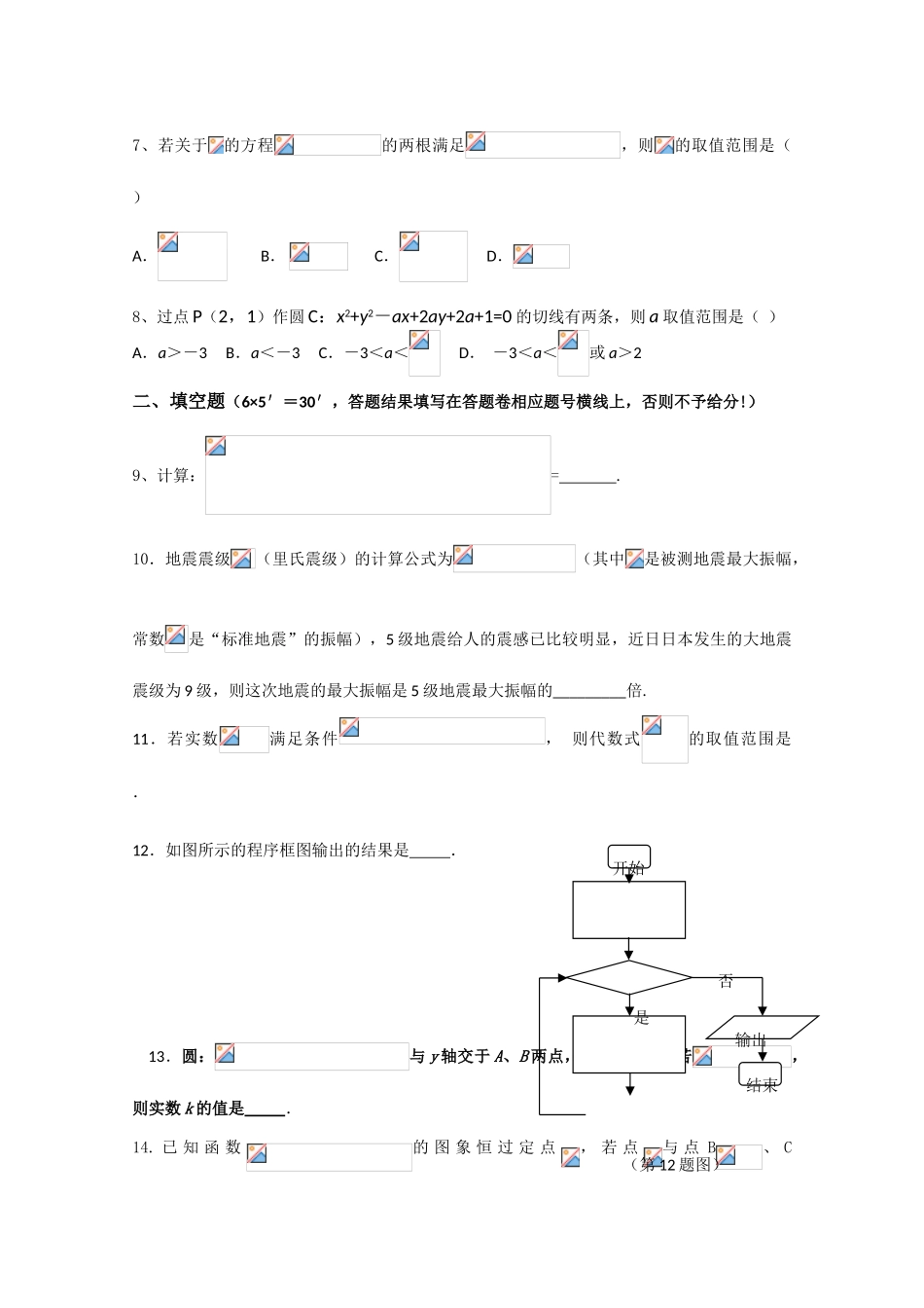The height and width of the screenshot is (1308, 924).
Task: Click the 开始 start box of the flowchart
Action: point(628,858)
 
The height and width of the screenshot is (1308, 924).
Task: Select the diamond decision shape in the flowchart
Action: point(628,977)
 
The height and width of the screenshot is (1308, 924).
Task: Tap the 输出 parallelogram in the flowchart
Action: point(760,1029)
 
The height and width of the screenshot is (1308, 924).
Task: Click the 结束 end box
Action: point(762,1079)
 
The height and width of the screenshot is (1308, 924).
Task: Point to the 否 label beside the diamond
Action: point(726,982)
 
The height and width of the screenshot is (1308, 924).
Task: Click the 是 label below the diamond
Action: point(641,1018)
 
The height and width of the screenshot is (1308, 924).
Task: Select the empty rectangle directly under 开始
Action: point(628,910)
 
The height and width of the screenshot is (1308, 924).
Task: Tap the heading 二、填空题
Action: point(179,402)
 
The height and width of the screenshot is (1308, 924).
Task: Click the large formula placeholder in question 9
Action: point(377,475)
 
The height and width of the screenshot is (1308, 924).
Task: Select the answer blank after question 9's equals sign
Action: point(588,477)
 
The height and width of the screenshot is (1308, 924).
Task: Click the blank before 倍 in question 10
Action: point(589,692)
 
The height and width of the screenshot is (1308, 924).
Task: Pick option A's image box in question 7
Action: point(192,256)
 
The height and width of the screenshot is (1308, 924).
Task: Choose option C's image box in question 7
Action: point(433,256)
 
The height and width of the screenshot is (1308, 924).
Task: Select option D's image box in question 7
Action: point(540,256)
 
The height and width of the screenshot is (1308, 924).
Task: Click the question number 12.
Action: point(143,851)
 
